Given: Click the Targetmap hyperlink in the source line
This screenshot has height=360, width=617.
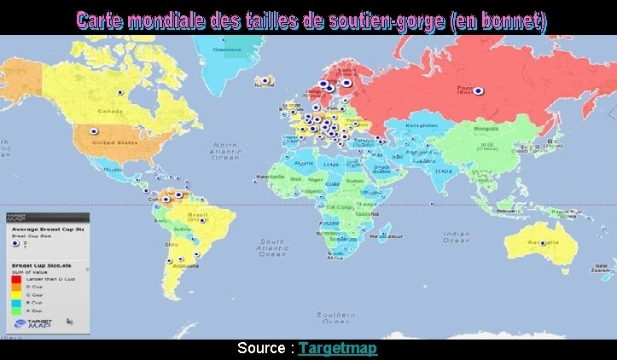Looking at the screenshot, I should coord(338,349).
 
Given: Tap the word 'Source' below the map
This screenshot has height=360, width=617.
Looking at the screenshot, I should coord(263,349).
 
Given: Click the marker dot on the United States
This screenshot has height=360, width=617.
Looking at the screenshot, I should coord(94,131).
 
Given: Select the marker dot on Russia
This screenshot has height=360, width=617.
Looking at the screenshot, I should coord(478,90).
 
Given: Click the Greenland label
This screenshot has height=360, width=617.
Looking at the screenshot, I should coord(227,49).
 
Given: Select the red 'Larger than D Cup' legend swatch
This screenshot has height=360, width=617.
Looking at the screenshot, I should coord(15,279).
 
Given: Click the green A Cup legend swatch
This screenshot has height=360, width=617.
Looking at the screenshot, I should coord(15,311).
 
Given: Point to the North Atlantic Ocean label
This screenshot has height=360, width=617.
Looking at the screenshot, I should coord(226,152).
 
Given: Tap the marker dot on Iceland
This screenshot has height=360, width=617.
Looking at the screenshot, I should coord(265,80).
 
